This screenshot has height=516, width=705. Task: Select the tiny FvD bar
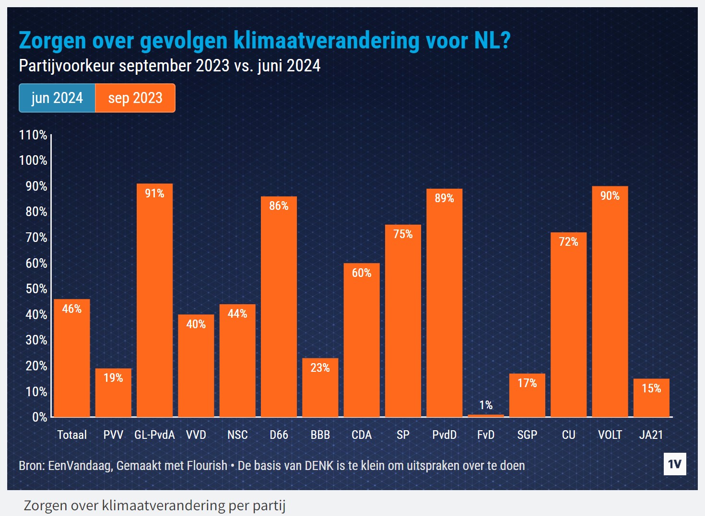point(485,415)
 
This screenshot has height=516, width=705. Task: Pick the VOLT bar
point(610,302)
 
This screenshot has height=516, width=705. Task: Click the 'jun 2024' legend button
point(57,98)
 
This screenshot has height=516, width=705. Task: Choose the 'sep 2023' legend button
point(135,98)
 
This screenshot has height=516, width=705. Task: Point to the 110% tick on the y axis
point(33,135)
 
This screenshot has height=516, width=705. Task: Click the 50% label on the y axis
point(36,289)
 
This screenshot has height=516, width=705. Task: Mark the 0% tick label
point(39,417)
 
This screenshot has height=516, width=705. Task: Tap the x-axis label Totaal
point(72,435)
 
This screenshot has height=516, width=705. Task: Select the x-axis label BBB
point(320,435)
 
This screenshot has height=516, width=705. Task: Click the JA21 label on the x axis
point(651,435)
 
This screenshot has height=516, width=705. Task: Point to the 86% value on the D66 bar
point(279,206)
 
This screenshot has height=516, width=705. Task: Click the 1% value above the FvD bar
point(486,405)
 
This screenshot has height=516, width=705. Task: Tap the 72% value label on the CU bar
point(568,242)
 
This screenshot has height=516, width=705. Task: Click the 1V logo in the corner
point(674,464)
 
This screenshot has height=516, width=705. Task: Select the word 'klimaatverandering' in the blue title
point(326,40)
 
